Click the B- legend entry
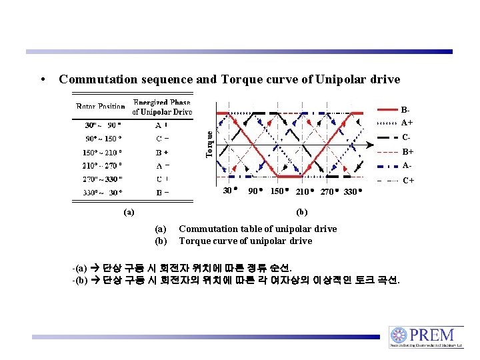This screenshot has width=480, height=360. click(x=405, y=109)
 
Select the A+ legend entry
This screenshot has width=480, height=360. click(x=406, y=123)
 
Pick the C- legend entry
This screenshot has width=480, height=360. click(x=406, y=137)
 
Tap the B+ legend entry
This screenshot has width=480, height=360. click(x=407, y=151)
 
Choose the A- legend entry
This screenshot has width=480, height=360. click(x=406, y=165)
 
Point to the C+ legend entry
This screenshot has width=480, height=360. click(x=407, y=180)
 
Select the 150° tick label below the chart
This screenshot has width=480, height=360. click(x=278, y=191)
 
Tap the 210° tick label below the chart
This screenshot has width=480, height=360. click(x=303, y=191)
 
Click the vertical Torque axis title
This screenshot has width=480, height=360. click(x=209, y=144)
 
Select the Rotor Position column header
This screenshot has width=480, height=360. click(x=101, y=107)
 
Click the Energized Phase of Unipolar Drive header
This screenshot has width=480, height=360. click(x=161, y=107)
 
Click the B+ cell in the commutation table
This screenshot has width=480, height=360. click(x=161, y=152)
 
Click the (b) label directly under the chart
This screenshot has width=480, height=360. click(x=301, y=213)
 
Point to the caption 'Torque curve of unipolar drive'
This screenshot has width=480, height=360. click(x=245, y=241)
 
